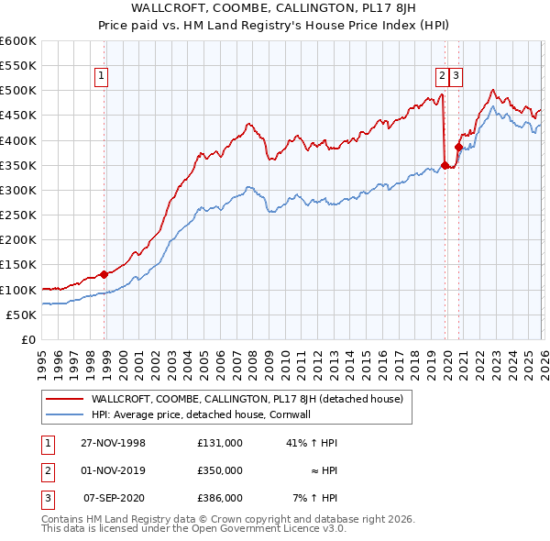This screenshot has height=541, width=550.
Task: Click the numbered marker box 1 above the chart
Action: pos(101,76)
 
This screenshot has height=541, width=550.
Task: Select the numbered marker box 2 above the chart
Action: pos(442,76)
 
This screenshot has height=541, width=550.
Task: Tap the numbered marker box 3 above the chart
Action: pos(456,76)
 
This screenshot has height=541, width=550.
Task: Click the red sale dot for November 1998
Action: pos(104,273)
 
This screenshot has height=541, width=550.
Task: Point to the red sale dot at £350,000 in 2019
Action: pos(445,165)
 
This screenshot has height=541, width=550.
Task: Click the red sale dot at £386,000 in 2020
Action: pos(458,148)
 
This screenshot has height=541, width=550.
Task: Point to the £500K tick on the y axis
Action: pos(18,91)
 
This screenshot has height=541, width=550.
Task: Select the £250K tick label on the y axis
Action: pos(18,215)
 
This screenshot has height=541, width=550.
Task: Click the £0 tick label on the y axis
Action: pos(28,340)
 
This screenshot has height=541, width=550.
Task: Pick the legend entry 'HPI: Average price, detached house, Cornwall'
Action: pos(214,414)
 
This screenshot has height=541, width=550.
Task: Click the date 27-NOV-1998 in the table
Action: pos(115,442)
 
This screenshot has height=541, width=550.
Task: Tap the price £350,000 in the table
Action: pos(219,470)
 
